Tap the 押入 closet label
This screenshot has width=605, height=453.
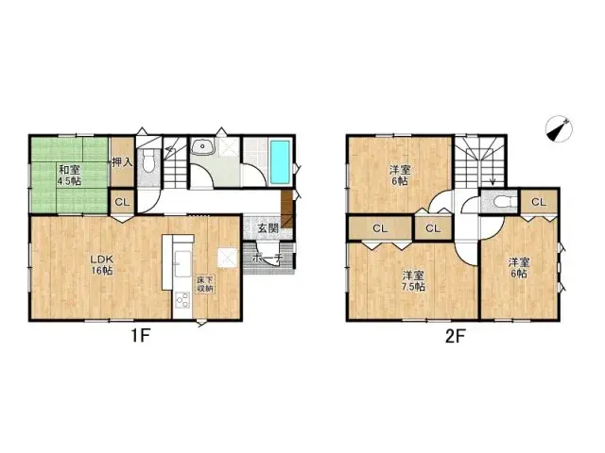point(122,162)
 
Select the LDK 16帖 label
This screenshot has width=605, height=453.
point(101,265)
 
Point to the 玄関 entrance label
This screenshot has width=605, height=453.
point(267,228)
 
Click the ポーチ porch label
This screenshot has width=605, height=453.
point(267,256)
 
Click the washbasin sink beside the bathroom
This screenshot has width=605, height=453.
point(204,148)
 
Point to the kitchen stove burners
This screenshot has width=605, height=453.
point(181,301)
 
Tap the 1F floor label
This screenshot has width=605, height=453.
point(139,336)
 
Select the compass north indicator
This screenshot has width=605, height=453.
point(560,130)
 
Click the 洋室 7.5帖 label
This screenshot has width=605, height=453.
point(412,280)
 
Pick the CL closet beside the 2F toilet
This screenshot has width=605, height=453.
point(537,202)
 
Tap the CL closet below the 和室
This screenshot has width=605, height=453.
point(122,202)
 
